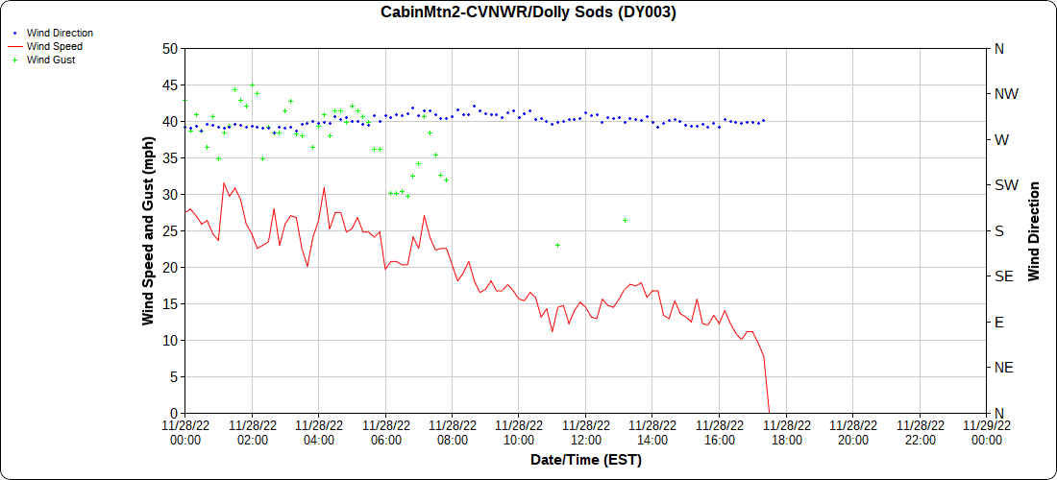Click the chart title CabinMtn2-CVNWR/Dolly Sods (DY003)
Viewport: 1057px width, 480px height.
[x=528, y=12]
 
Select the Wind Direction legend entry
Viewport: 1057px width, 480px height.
[x=60, y=33]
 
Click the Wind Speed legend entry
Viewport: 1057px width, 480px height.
[x=54, y=46]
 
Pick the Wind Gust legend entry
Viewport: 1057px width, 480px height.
[x=51, y=60]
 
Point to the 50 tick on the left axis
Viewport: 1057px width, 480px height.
[x=169, y=48]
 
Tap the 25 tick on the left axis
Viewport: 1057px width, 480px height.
[x=169, y=230]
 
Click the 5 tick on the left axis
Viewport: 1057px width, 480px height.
[x=172, y=376]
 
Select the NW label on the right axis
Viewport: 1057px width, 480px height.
[x=1006, y=94]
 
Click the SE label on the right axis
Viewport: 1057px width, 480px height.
[x=1003, y=276]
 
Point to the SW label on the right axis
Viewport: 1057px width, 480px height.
[x=1005, y=185]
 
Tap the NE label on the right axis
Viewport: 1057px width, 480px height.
[x=1003, y=368]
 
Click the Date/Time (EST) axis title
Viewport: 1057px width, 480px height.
[x=585, y=460]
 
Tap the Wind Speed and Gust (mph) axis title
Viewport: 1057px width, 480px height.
[x=148, y=230]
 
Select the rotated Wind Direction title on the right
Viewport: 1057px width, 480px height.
[x=1034, y=230]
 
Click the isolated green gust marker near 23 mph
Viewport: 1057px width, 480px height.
[x=557, y=245]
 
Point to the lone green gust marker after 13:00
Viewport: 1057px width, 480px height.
[x=625, y=221]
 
